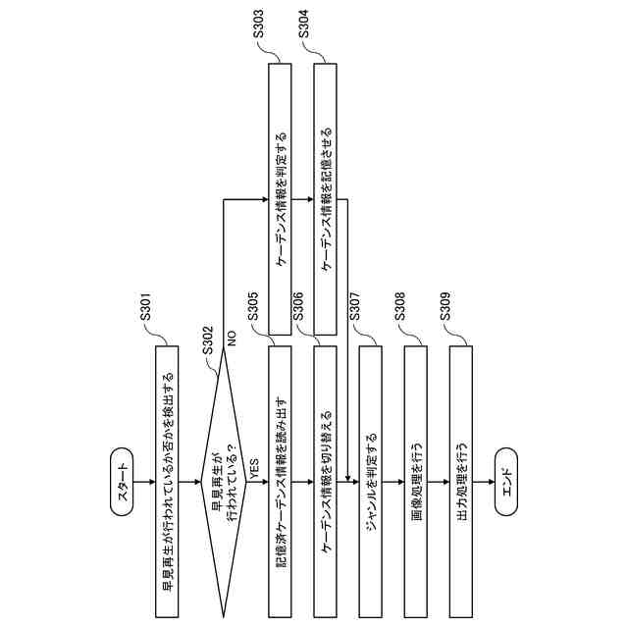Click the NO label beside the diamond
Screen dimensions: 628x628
click(x=233, y=339)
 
